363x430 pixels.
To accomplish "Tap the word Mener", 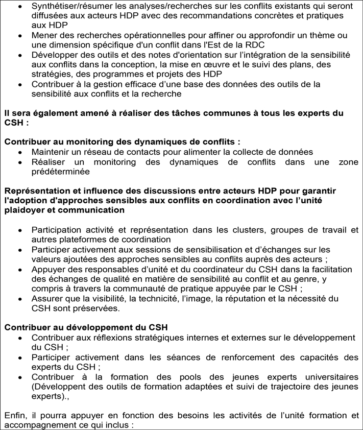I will pyautogui.click(x=43, y=35).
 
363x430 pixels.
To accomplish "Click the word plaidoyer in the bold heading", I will pyautogui.click(x=25, y=209).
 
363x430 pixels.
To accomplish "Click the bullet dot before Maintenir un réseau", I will pyautogui.click(x=19, y=153).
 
